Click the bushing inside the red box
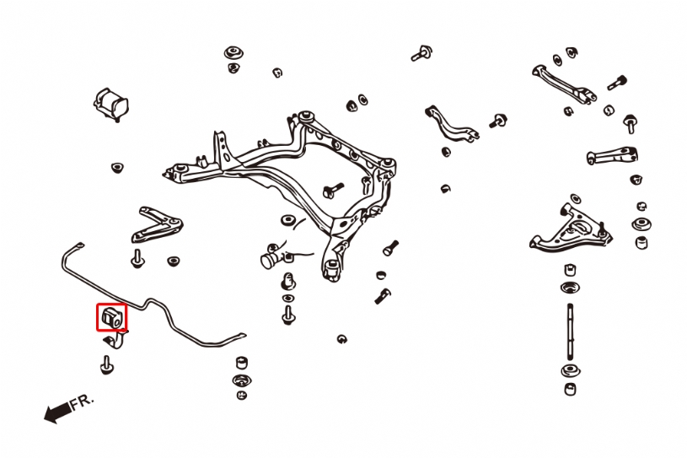coord(111,317)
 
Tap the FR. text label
coord(83,402)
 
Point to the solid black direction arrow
coord(57,412)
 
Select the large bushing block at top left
coord(111,104)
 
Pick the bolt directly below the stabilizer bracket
coord(107,364)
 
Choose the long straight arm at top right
coord(563,85)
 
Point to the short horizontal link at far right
coord(612,156)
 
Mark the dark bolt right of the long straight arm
coord(618,83)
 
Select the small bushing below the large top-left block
coord(117,167)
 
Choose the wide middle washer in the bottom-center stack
coord(242,380)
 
